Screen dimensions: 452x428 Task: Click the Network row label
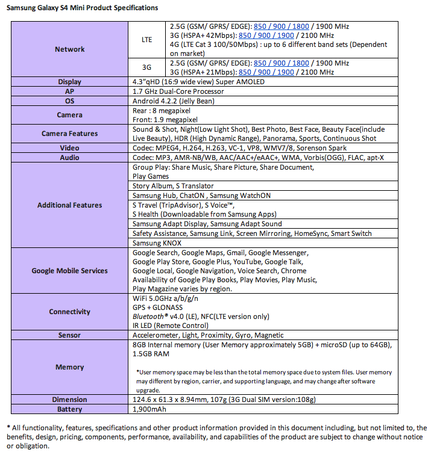click(x=70, y=49)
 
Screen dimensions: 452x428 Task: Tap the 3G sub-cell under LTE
click(x=146, y=67)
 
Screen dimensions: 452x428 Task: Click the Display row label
click(x=70, y=82)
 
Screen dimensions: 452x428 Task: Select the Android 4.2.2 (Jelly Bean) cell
click(x=173, y=101)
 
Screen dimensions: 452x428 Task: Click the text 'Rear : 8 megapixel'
click(x=163, y=111)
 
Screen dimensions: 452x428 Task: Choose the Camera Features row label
click(x=70, y=134)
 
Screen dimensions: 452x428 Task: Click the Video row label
click(x=70, y=148)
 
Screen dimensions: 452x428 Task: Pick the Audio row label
click(x=70, y=158)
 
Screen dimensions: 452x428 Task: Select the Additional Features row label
click(x=70, y=205)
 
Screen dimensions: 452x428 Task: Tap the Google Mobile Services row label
click(x=70, y=271)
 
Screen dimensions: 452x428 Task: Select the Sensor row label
click(x=70, y=335)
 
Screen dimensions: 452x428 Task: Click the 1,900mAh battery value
click(x=149, y=409)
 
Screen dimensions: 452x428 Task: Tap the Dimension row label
click(x=70, y=400)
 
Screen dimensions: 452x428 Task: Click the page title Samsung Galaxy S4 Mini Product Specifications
click(x=83, y=8)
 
